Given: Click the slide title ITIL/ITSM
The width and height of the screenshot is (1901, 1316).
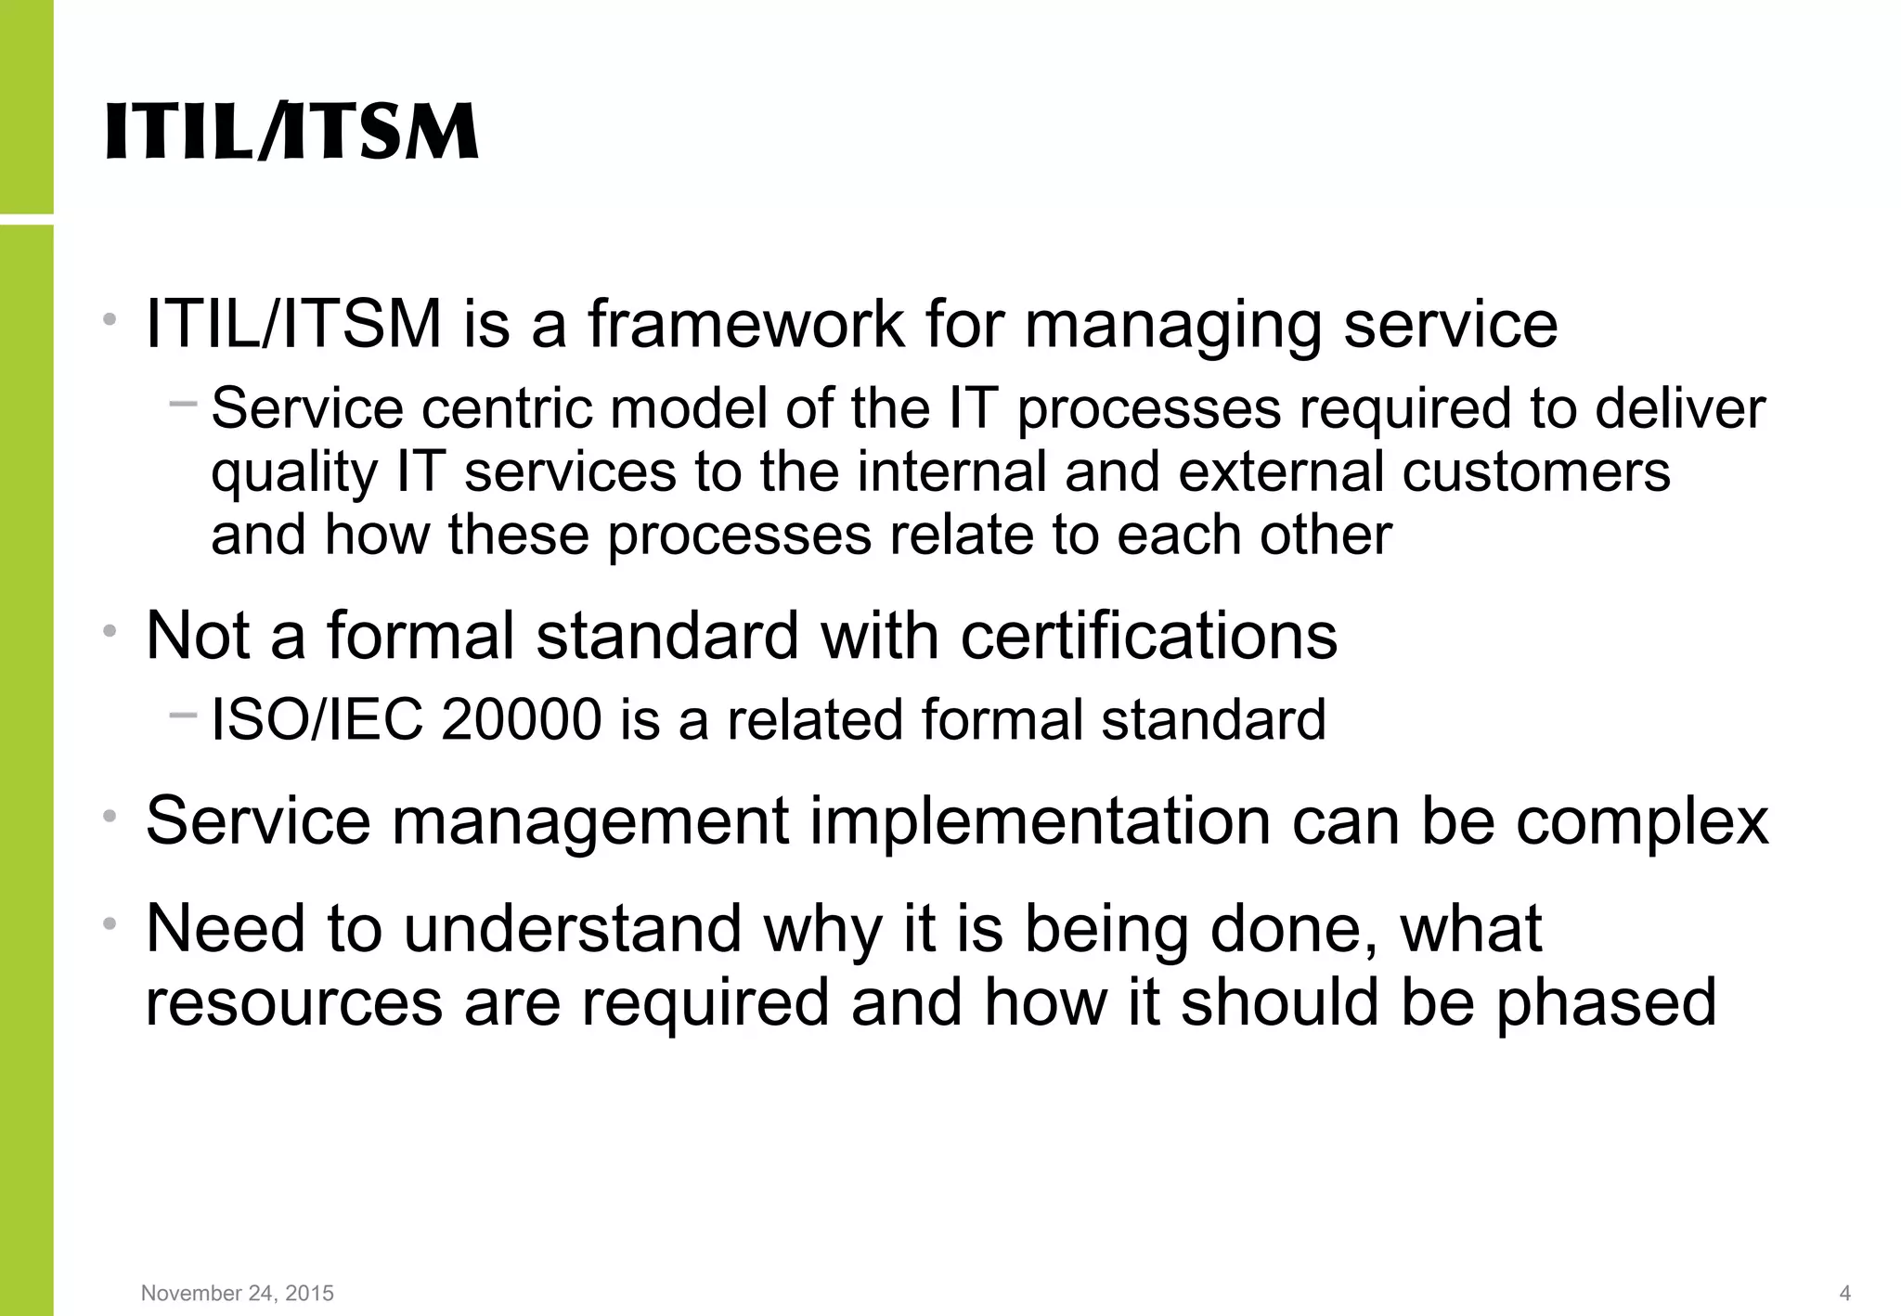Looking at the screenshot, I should pyautogui.click(x=291, y=132).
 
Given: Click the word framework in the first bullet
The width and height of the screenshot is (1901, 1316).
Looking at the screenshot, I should pyautogui.click(x=746, y=324).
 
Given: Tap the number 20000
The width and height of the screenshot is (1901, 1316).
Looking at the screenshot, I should pyautogui.click(x=522, y=720).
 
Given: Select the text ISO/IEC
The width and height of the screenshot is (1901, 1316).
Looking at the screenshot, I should pyautogui.click(x=317, y=720).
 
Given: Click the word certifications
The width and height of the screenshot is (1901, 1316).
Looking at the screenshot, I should pyautogui.click(x=1148, y=637).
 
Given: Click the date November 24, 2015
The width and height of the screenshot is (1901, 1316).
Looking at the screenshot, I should pyautogui.click(x=237, y=1293).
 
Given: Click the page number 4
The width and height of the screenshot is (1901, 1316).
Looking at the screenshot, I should pyautogui.click(x=1844, y=1293).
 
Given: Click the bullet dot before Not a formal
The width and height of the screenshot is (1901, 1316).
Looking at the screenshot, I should pyautogui.click(x=110, y=631).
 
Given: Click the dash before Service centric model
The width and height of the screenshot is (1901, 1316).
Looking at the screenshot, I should pyautogui.click(x=183, y=403).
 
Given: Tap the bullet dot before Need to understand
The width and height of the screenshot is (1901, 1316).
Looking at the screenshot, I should pyautogui.click(x=110, y=923).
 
